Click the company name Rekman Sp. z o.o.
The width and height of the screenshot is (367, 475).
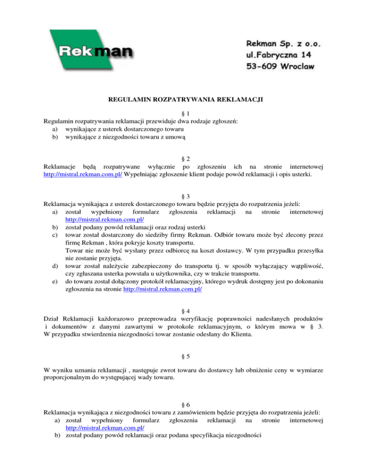pos(280,44)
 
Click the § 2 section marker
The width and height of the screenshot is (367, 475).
pos(183,158)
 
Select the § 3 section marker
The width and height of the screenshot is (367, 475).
pos(183,196)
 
